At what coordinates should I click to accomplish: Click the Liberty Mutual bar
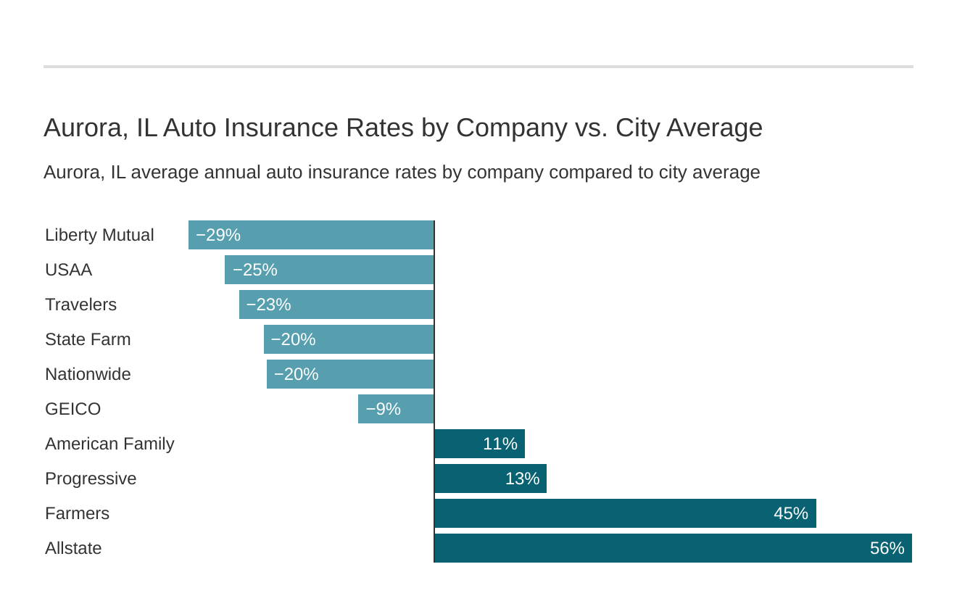[x=312, y=235]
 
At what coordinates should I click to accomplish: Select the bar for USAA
[x=330, y=270]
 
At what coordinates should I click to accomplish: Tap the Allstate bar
[x=673, y=548]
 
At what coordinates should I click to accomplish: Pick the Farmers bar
[x=625, y=513]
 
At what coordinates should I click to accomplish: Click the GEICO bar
[x=396, y=409]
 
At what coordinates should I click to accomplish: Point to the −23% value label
[x=268, y=304]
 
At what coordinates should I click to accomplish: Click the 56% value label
[x=887, y=548]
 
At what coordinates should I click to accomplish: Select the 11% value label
[x=500, y=444]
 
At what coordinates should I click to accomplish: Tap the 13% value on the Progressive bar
[x=522, y=478]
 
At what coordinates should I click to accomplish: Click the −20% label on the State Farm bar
[x=293, y=339]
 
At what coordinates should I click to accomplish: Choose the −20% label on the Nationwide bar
[x=296, y=374]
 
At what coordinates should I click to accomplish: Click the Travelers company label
[x=80, y=304]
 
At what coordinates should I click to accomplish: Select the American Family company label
[x=109, y=444]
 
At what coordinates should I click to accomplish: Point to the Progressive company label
[x=91, y=478]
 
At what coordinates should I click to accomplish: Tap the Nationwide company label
[x=88, y=374]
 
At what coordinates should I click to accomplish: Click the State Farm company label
[x=88, y=339]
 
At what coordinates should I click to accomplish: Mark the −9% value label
[x=383, y=409]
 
